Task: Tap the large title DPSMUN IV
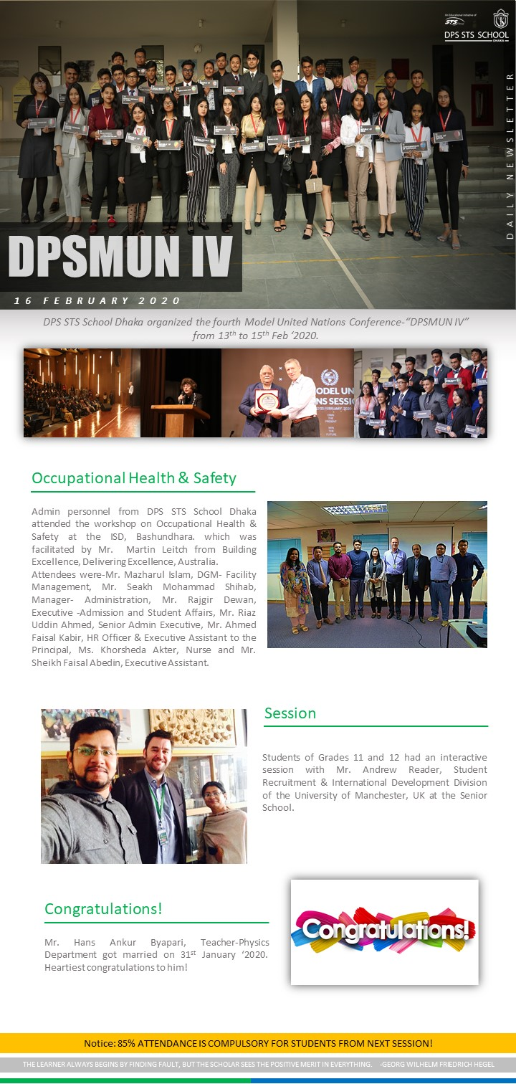point(120,256)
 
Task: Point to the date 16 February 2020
point(97,300)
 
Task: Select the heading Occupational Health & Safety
point(134,477)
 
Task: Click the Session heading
point(290,713)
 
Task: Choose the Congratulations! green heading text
point(103,909)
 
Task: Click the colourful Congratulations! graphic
point(384,931)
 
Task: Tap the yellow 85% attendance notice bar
point(258,1043)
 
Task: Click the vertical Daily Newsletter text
point(510,155)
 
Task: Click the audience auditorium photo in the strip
point(81,393)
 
